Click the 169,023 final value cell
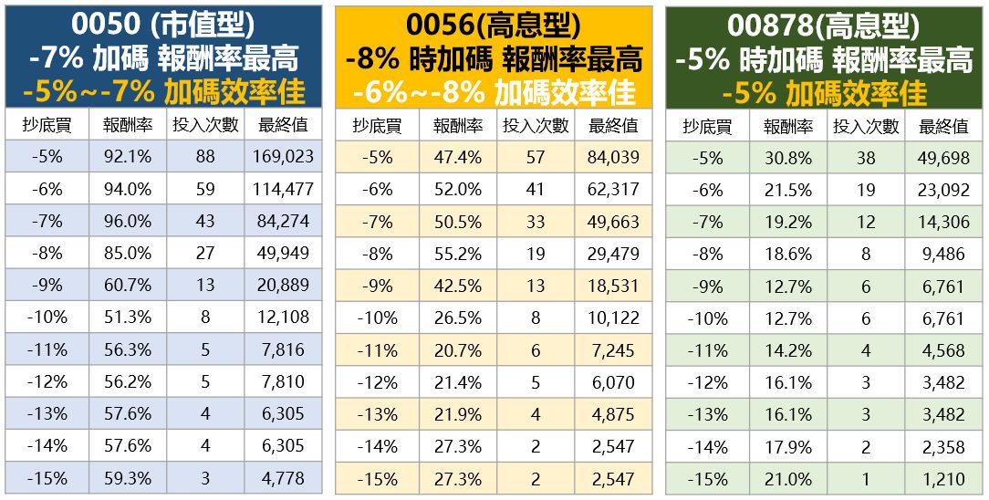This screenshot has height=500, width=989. [x=283, y=157]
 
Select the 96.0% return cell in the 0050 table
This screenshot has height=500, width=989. [x=127, y=221]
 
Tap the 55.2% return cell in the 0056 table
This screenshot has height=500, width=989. [x=457, y=254]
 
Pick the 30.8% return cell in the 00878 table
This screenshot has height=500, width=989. [x=787, y=158]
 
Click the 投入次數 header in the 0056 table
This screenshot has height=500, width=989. [x=536, y=126]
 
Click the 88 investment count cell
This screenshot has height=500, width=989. [x=205, y=157]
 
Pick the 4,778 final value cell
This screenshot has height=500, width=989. [x=283, y=478]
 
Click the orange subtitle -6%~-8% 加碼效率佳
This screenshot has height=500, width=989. [x=494, y=92]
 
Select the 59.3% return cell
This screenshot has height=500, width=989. [x=127, y=478]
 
